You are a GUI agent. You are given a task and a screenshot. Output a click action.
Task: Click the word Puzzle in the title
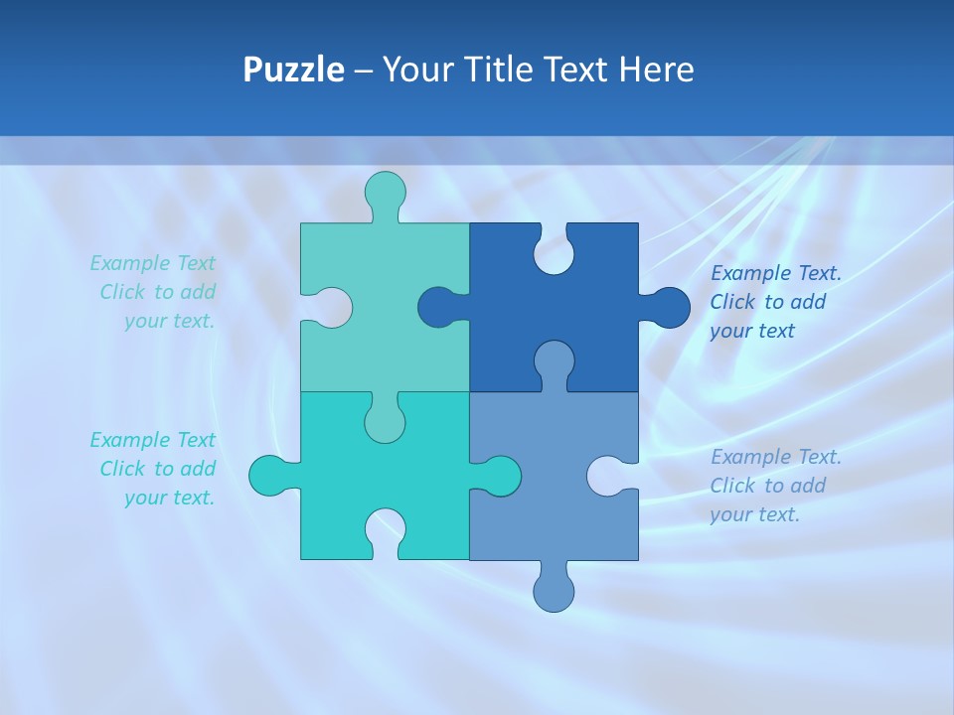pyautogui.click(x=293, y=71)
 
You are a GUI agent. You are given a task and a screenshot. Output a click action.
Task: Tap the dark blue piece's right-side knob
pyautogui.click(x=667, y=308)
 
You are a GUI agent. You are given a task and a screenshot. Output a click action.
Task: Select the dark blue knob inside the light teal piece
pyautogui.click(x=438, y=307)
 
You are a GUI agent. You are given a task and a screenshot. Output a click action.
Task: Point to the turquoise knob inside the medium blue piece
pyautogui.click(x=499, y=476)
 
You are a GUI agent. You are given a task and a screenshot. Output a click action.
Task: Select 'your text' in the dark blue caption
pyautogui.click(x=752, y=331)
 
